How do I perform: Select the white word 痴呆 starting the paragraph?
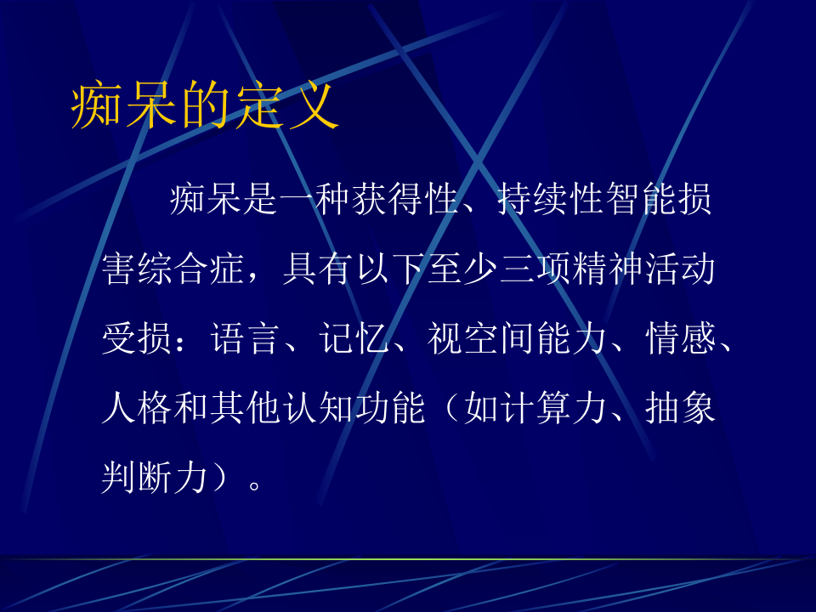click(203, 201)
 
